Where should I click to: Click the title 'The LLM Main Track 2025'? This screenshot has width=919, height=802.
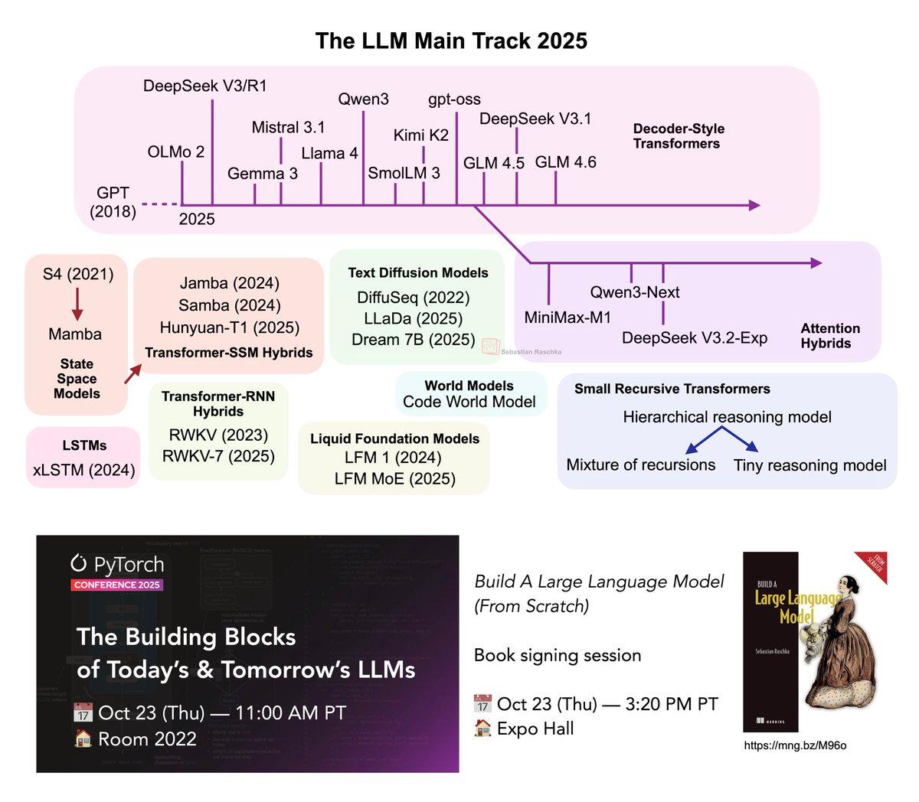[451, 41]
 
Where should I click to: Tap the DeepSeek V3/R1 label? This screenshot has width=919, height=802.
[205, 86]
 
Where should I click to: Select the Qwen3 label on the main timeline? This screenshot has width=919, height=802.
[363, 99]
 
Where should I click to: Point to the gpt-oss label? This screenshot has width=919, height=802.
[454, 99]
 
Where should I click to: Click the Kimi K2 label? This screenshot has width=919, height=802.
[420, 135]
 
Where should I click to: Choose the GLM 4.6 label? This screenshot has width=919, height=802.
[565, 162]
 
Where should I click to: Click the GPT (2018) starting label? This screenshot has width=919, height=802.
[113, 201]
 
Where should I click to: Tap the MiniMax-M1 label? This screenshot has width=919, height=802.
[567, 317]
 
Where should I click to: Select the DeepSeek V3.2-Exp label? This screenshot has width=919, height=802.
[695, 337]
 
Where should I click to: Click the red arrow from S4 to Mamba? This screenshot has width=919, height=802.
[77, 304]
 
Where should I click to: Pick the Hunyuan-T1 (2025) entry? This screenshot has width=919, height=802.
[230, 328]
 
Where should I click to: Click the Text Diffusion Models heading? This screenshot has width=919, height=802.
[418, 272]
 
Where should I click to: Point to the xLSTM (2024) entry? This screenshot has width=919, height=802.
[83, 470]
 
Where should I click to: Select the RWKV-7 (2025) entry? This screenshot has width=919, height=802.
[218, 456]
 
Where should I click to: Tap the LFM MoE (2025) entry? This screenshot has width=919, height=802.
[394, 479]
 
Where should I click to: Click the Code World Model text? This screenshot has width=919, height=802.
[469, 402]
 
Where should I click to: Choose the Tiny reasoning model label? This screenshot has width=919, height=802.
[809, 465]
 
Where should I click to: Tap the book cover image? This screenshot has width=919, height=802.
[813, 641]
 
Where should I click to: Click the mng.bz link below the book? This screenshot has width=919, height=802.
[795, 745]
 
